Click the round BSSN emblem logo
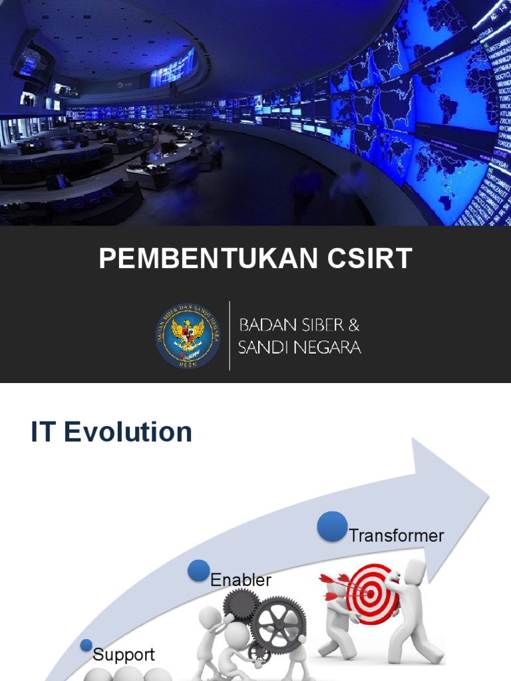coord(188,335)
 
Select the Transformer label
coord(397,535)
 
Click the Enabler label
coord(241,580)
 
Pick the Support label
coord(124,654)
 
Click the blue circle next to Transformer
coord(332,527)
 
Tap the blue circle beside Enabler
coord(198,571)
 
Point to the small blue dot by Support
coord(86,645)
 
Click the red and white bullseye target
coord(371,589)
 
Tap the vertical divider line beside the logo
coord(230,335)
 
